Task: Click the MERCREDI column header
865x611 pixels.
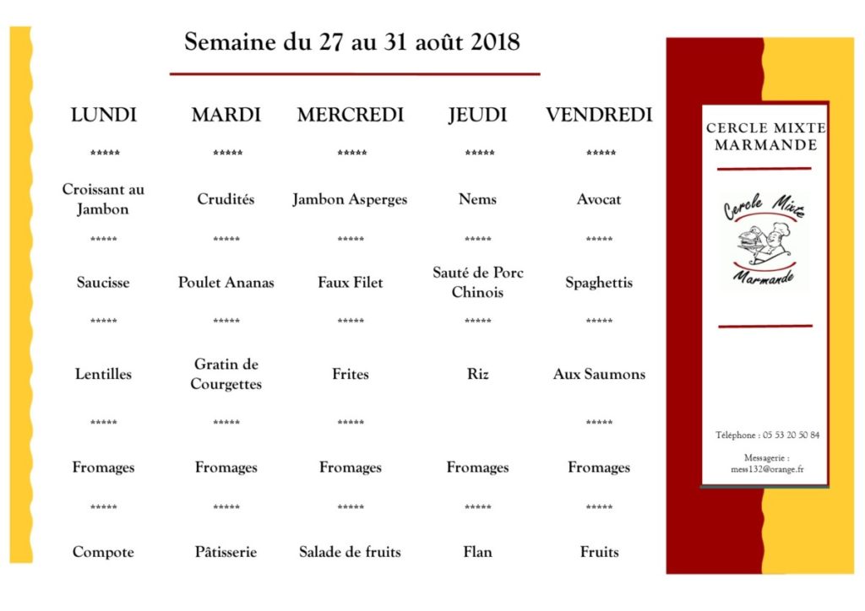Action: pyautogui.click(x=351, y=115)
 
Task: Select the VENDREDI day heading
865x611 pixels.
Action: pyautogui.click(x=599, y=115)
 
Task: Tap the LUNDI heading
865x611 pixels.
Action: pyautogui.click(x=104, y=115)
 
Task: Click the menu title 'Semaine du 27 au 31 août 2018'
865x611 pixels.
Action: pyautogui.click(x=352, y=41)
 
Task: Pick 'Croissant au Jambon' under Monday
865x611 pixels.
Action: pyautogui.click(x=103, y=199)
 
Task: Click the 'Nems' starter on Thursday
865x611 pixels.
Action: pyautogui.click(x=477, y=199)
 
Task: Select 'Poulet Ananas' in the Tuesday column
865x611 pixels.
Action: pyautogui.click(x=226, y=283)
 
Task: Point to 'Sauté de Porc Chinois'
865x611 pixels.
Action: pyautogui.click(x=477, y=283)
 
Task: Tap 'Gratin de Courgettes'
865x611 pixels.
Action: pyautogui.click(x=226, y=374)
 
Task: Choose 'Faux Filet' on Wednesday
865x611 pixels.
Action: pyautogui.click(x=351, y=283)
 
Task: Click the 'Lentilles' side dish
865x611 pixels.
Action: pyautogui.click(x=103, y=374)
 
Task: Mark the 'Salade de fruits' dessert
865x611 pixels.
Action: pyautogui.click(x=351, y=552)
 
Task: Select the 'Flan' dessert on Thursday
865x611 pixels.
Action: pyautogui.click(x=477, y=552)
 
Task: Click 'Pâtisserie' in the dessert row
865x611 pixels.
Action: pyautogui.click(x=226, y=552)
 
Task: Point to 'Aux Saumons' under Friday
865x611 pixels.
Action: pyautogui.click(x=599, y=374)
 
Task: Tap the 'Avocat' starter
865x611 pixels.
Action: pyautogui.click(x=599, y=199)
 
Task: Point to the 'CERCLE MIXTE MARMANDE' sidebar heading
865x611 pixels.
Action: pyautogui.click(x=765, y=136)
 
